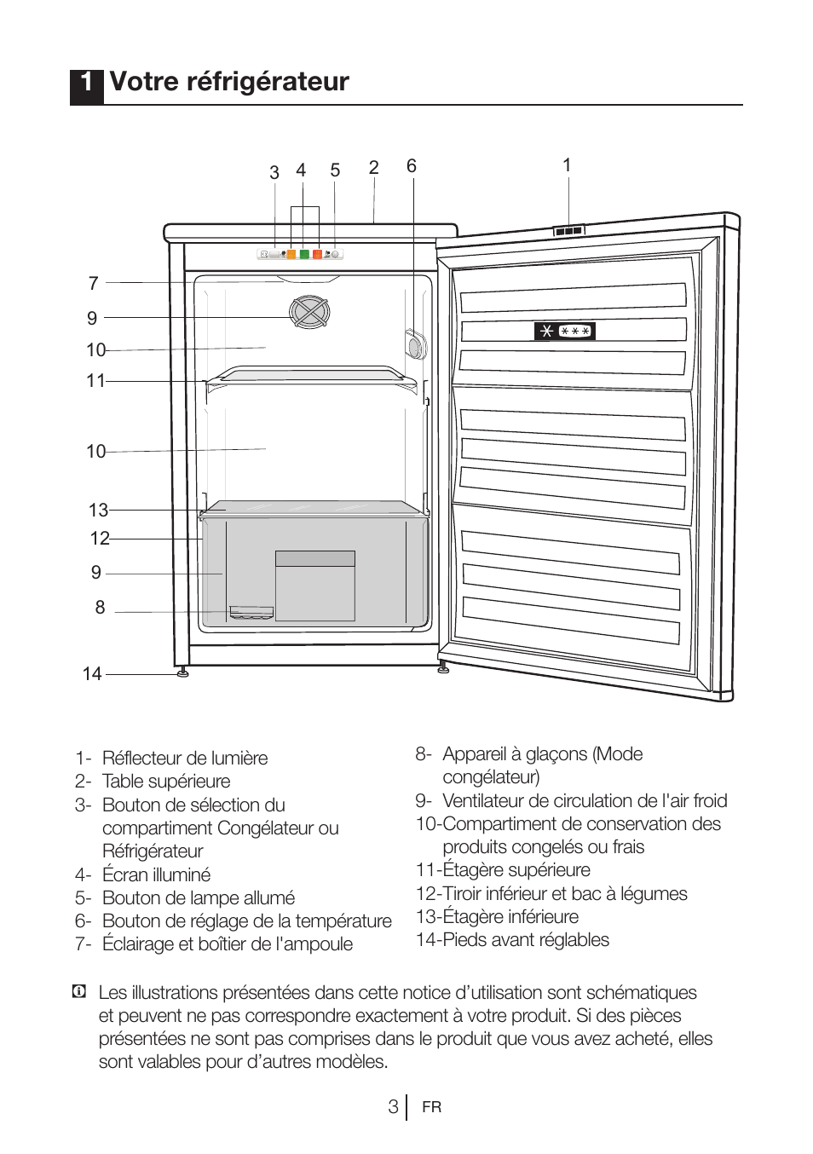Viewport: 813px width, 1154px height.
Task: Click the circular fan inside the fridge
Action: coord(308,312)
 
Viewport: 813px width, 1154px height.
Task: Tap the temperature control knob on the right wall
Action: coord(414,344)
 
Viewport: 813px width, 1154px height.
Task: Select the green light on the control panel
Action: coord(304,254)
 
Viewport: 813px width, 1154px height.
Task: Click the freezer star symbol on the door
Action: coord(564,331)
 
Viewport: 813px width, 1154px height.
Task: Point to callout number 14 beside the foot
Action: coord(92,674)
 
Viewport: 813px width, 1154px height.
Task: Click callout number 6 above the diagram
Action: coord(412,166)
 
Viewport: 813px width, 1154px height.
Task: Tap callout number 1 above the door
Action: coord(567,165)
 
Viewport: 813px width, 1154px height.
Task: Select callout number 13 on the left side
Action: coord(98,511)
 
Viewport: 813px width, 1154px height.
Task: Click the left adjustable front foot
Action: coord(183,672)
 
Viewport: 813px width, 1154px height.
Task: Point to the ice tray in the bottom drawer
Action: coord(251,613)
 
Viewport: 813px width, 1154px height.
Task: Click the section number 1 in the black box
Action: coord(86,83)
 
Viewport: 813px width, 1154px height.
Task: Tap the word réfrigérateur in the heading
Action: coord(267,82)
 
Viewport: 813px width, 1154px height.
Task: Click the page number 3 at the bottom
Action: coord(393,1106)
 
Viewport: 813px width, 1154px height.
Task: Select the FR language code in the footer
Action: coord(432,1107)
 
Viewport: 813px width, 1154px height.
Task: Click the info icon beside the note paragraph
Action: coord(79,992)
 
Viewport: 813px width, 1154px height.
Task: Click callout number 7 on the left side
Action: coord(94,283)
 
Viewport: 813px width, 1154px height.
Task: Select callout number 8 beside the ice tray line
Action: coord(100,608)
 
